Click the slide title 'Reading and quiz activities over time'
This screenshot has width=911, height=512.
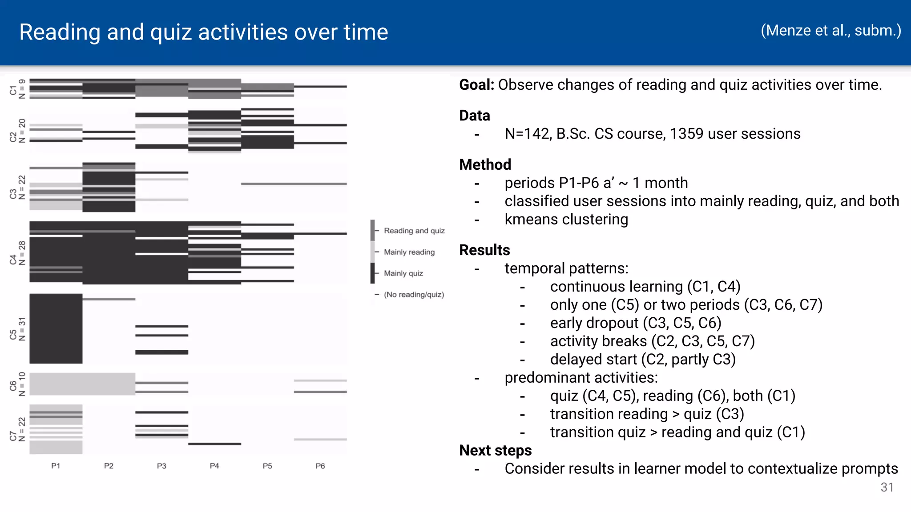click(x=204, y=32)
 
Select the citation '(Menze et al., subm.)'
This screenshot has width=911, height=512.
click(x=830, y=30)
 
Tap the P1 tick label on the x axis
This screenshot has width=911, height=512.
click(x=56, y=466)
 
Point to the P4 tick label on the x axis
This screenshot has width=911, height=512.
click(x=214, y=466)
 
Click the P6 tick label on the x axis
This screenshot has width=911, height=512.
click(x=320, y=466)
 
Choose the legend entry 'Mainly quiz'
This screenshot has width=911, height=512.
click(x=403, y=273)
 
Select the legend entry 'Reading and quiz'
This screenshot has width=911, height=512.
click(x=414, y=231)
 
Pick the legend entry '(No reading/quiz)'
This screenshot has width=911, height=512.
click(x=414, y=295)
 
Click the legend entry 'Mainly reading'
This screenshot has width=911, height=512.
click(x=409, y=252)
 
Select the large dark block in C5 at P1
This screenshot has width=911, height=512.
click(x=56, y=328)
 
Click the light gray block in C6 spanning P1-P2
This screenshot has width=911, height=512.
click(x=82, y=384)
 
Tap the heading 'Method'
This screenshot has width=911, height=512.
click(x=485, y=165)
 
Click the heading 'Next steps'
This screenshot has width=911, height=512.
click(x=495, y=451)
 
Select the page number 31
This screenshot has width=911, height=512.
click(x=887, y=488)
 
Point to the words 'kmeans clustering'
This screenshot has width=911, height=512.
click(x=566, y=220)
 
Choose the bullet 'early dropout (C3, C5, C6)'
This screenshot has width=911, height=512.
click(x=635, y=323)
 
